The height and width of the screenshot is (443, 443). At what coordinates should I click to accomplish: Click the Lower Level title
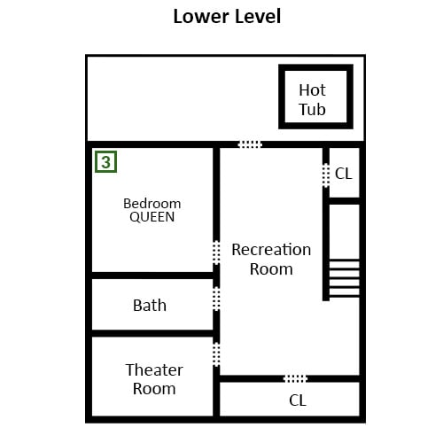227,17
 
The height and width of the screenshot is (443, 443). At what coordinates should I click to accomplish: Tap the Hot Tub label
312,100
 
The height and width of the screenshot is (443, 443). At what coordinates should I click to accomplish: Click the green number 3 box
105,161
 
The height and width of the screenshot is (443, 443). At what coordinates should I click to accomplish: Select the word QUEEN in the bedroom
152,217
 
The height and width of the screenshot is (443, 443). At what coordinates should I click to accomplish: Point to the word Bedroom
152,204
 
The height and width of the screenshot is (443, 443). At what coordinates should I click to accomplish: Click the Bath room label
150,306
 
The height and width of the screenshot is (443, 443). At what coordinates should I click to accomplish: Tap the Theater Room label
154,379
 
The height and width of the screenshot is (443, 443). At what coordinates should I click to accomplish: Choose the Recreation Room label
271,260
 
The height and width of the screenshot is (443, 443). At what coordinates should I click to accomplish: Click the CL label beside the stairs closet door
344,174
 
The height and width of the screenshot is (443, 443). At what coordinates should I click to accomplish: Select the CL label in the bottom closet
298,400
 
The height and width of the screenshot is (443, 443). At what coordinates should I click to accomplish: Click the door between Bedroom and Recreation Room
216,253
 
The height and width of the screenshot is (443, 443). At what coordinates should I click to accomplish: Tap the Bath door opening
216,299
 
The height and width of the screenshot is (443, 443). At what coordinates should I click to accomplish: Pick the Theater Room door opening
216,354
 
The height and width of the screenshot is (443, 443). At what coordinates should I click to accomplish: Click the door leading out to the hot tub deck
250,144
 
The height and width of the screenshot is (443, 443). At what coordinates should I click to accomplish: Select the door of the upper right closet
326,175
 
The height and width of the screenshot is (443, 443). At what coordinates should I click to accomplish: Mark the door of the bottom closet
295,378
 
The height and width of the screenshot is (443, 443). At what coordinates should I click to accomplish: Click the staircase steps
345,278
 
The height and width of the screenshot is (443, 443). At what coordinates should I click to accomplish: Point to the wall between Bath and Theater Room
152,333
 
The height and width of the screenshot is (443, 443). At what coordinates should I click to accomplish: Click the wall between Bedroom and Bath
152,276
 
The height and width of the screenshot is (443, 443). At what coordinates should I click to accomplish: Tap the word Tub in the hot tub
312,109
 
